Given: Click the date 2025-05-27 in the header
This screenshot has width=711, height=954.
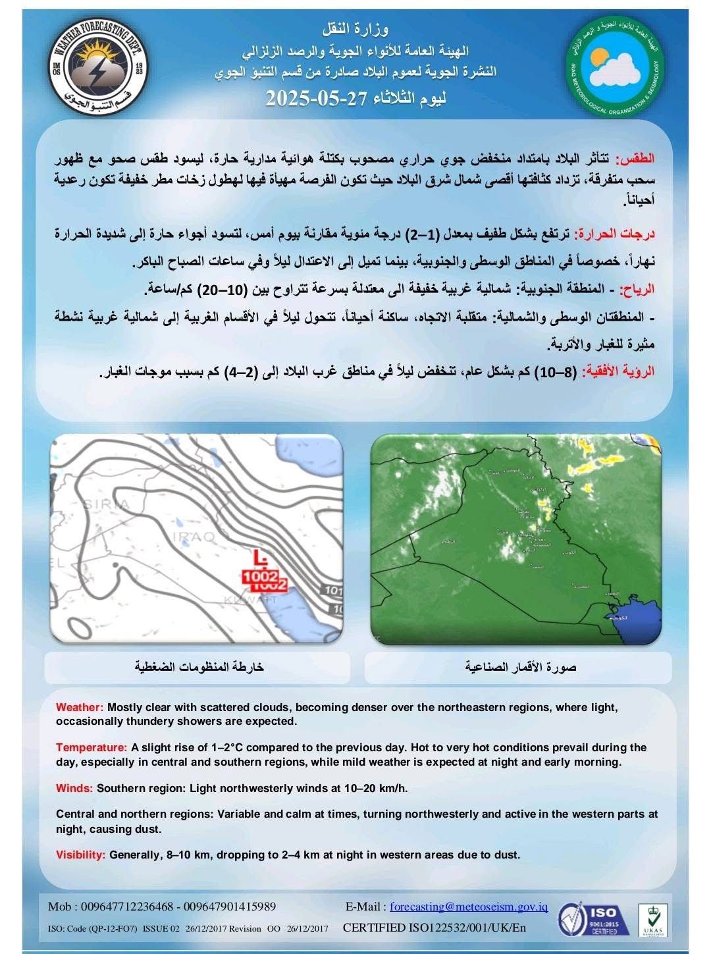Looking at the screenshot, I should pos(309,99).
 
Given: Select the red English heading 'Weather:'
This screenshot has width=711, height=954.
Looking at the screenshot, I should pos(80,708).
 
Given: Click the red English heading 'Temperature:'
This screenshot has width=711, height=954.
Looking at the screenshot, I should pos(91,748).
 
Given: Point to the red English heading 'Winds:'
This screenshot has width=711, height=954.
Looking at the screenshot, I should pos(74,788).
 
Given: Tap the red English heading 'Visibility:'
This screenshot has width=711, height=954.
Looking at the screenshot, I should pos(80,855).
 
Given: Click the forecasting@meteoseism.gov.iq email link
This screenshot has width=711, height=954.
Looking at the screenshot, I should pos(469,907).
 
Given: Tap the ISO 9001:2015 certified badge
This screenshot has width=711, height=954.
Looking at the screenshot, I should pos(588,920).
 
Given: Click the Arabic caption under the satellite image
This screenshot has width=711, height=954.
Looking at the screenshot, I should pos(520,668).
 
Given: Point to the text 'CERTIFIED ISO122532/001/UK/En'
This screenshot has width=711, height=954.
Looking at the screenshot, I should pos(435,928).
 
